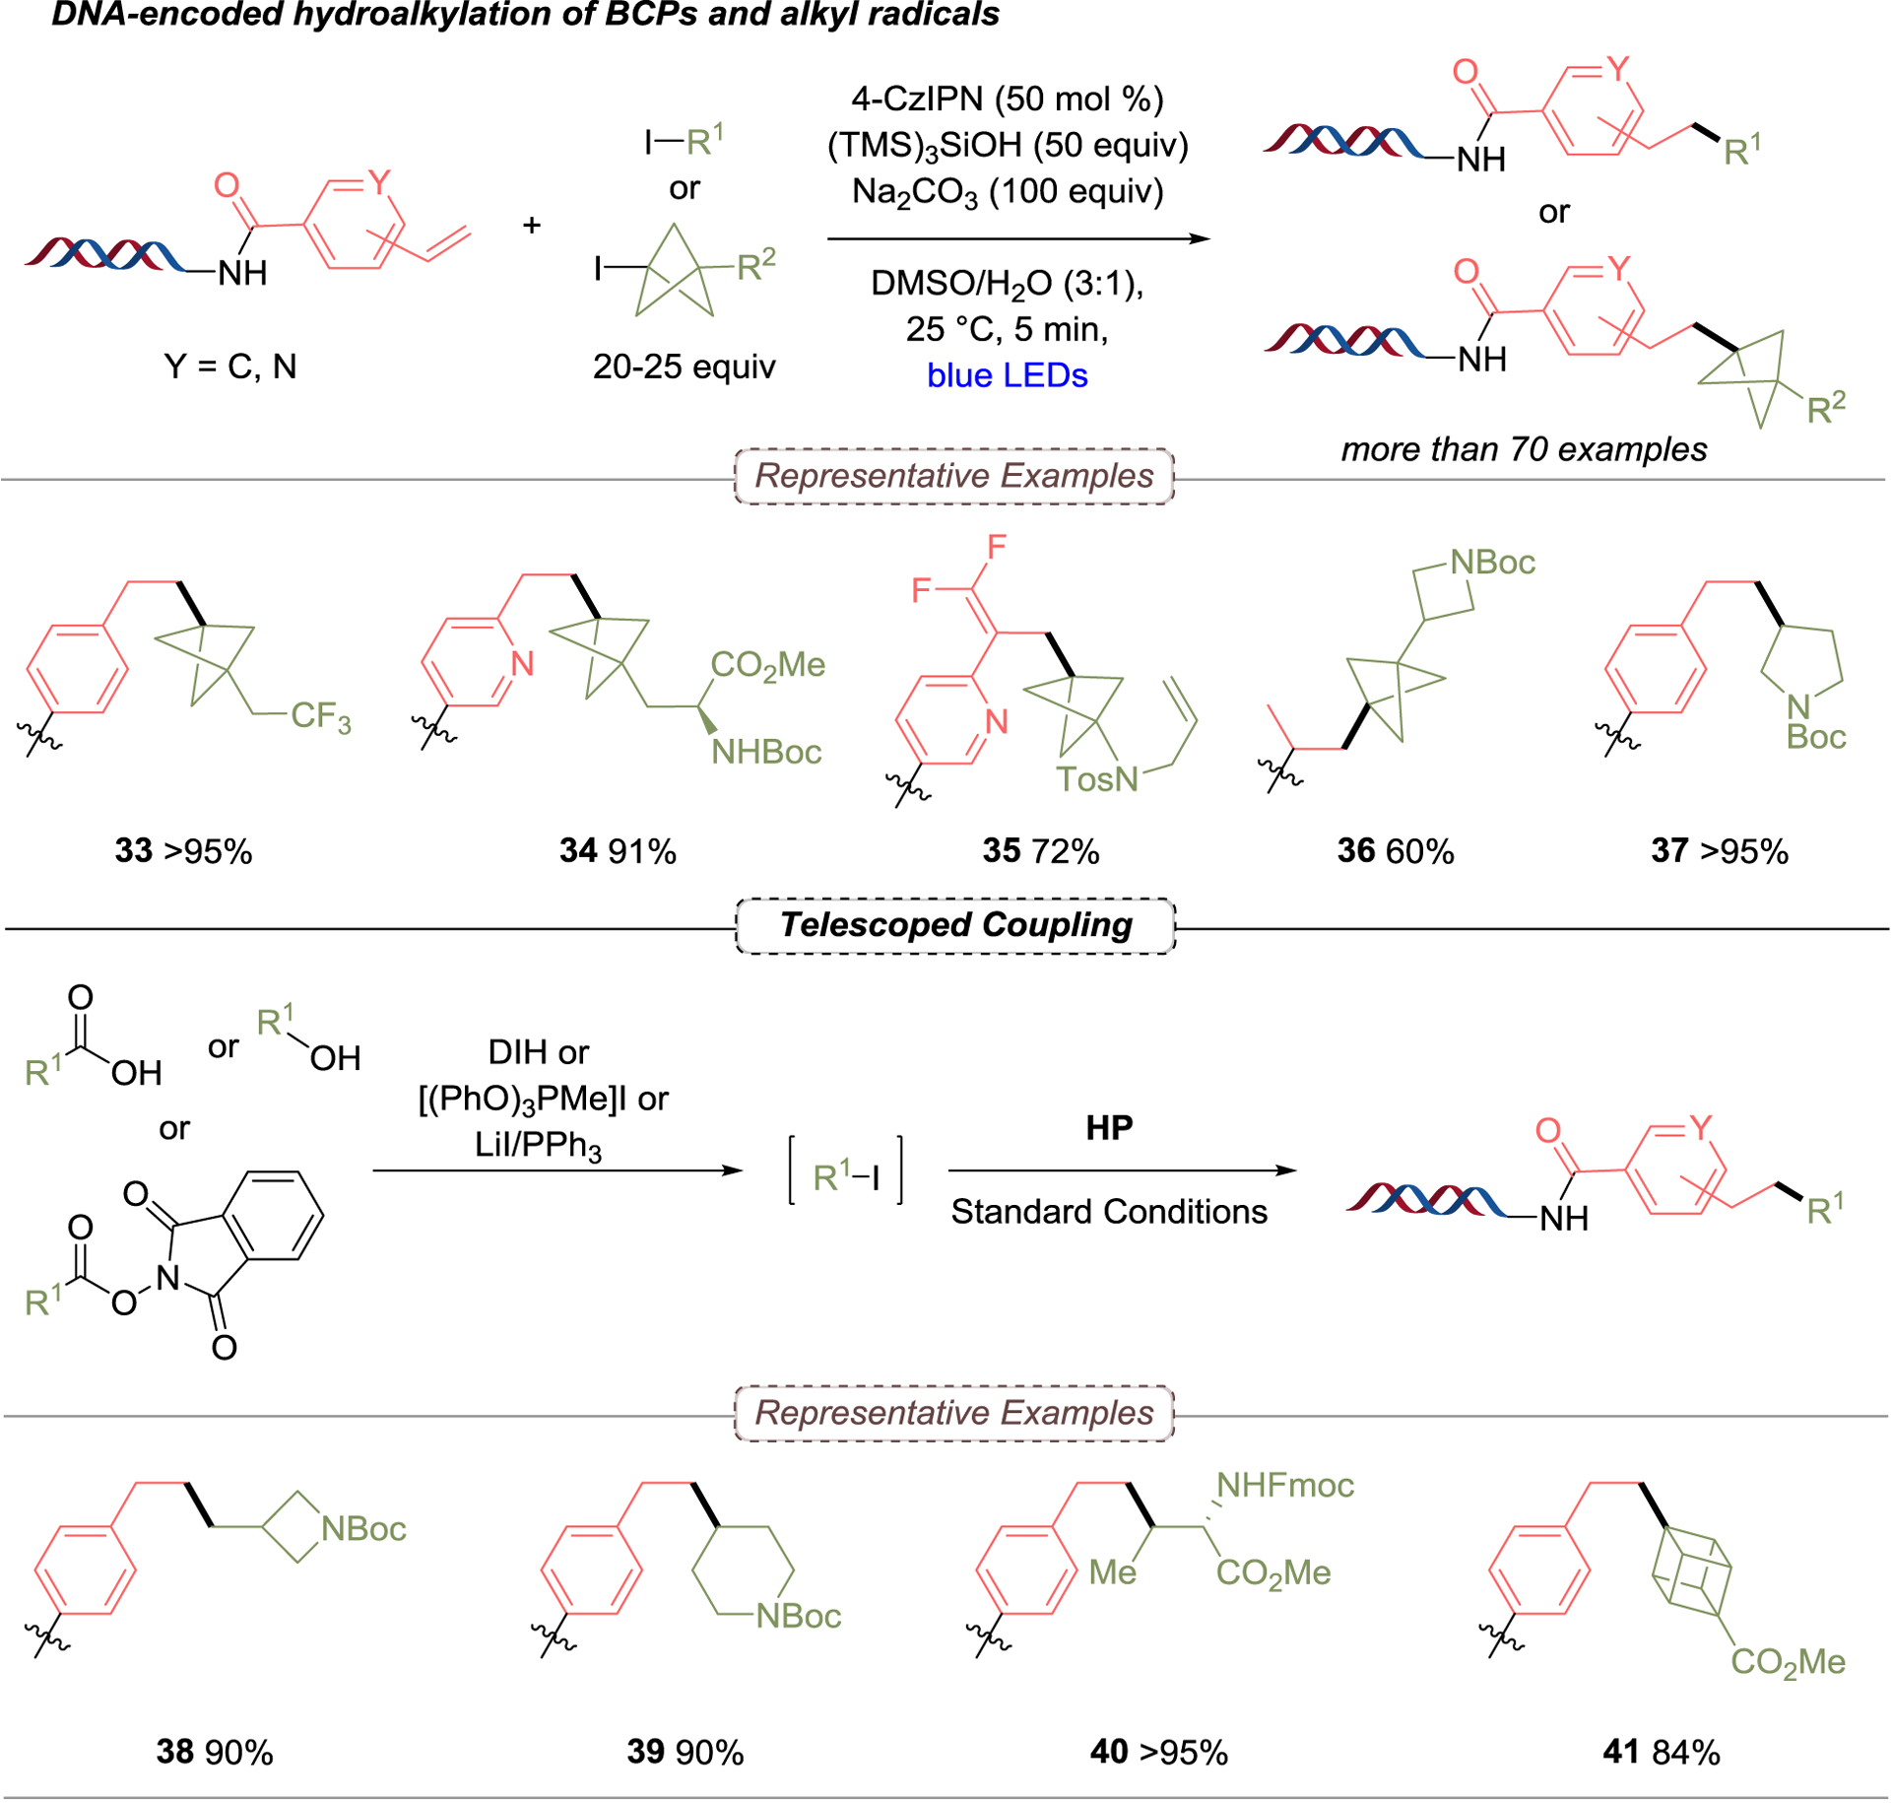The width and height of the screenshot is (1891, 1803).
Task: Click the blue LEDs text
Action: pyautogui.click(x=1007, y=375)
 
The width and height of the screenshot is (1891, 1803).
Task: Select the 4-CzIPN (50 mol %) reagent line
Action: pyautogui.click(x=1007, y=99)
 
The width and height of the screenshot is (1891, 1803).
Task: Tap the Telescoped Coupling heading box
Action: pyautogui.click(x=955, y=925)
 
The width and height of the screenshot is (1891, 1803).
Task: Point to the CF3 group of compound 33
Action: pyautogui.click(x=320, y=716)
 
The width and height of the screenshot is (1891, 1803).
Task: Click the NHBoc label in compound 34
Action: pyautogui.click(x=766, y=753)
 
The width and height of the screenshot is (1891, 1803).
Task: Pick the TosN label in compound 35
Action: pyautogui.click(x=1096, y=779)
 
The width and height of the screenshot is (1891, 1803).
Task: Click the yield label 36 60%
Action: pyautogui.click(x=1395, y=851)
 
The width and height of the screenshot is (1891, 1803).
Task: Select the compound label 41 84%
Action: pyautogui.click(x=1661, y=1752)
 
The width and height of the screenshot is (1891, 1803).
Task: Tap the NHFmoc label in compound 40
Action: pyautogui.click(x=1284, y=1485)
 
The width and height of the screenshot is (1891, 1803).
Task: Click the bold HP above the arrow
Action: pyautogui.click(x=1109, y=1127)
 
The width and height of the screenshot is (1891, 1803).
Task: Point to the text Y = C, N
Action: pyautogui.click(x=229, y=367)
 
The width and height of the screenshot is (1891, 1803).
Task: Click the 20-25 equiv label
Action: pyautogui.click(x=684, y=367)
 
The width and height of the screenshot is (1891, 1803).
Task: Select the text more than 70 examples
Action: pyautogui.click(x=1524, y=449)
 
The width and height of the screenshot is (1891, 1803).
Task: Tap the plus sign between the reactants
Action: pyautogui.click(x=532, y=226)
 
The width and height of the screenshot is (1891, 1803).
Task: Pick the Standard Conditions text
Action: pyautogui.click(x=1109, y=1212)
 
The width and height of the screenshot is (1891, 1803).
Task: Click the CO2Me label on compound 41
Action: pyautogui.click(x=1788, y=1662)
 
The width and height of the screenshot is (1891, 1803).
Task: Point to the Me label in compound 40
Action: pyautogui.click(x=1112, y=1572)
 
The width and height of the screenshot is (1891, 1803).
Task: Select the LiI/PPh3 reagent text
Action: pyautogui.click(x=538, y=1145)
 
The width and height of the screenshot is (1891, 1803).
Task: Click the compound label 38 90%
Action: pyautogui.click(x=214, y=1752)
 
